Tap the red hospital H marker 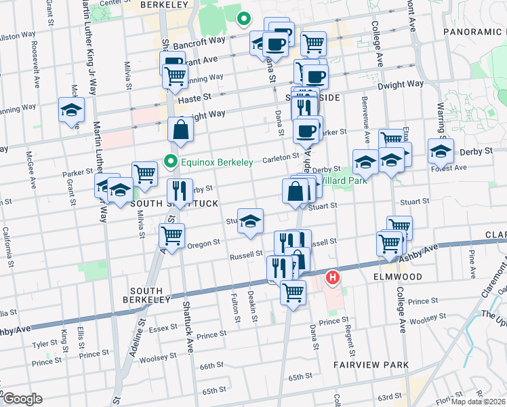click(333, 277)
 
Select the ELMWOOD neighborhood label click(397, 277)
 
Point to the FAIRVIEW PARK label click(371, 365)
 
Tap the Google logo click(23, 399)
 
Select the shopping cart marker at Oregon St click(171, 236)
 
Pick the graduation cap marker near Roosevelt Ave click(71, 109)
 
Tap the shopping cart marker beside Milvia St click(144, 174)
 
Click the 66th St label click(211, 366)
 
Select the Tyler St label click(43, 344)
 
